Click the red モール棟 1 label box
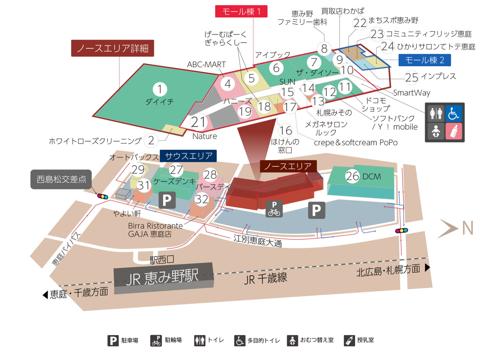pos(241,12)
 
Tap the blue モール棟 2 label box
pos(424,60)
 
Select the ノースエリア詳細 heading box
pos(112,48)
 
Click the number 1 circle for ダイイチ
pos(160,89)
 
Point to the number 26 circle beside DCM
pos(352,176)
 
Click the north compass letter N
pos(468,228)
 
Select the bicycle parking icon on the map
pos(274,209)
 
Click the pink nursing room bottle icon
pos(454,131)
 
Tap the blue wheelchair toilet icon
pos(454,113)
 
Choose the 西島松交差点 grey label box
pos(61,179)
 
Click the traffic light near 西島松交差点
pos(103,196)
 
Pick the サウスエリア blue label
pos(188,156)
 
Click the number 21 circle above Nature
pos(198,122)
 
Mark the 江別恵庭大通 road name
pos(258,241)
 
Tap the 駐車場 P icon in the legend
pos(113,340)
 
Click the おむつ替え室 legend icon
pos(292,340)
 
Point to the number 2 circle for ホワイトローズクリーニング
pos(151,140)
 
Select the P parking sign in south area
pos(167,200)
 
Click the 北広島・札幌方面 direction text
pos(388,270)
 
